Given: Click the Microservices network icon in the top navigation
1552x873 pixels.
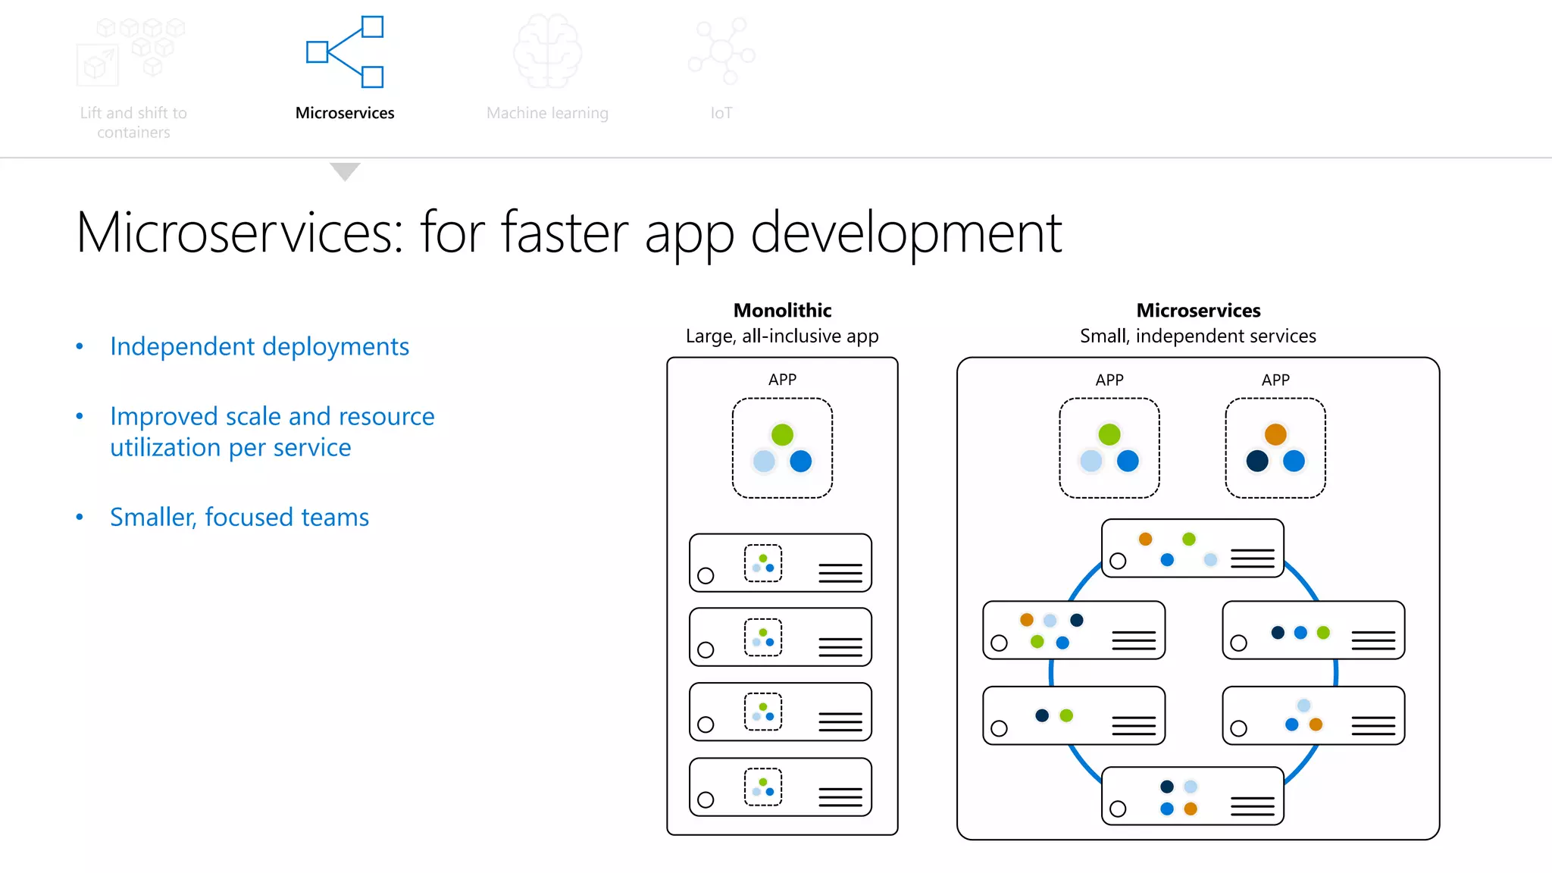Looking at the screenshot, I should tap(345, 52).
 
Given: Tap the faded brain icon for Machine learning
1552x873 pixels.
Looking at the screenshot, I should tap(547, 52).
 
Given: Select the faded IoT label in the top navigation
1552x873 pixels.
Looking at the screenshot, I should tap(721, 113).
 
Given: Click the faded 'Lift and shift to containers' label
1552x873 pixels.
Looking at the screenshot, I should tap(133, 123).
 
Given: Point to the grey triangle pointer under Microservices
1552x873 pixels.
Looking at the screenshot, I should tap(345, 171).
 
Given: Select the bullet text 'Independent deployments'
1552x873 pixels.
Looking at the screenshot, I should tap(259, 346).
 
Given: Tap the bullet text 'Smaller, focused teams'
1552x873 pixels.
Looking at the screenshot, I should tap(239, 517).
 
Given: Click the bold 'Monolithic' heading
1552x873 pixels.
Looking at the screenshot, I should tap(782, 310).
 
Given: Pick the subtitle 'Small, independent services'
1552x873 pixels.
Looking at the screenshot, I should tap(1197, 336).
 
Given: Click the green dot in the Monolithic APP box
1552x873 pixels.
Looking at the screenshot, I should tap(782, 434).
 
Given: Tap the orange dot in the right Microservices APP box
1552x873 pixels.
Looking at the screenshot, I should tap(1275, 434).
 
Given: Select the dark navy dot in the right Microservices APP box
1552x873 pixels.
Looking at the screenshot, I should tap(1257, 461).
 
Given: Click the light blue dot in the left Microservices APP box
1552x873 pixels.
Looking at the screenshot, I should tap(1091, 461).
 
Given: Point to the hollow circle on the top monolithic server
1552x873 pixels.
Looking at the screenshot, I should tap(706, 575).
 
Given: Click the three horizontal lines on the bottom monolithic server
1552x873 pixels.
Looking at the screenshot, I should tap(840, 797).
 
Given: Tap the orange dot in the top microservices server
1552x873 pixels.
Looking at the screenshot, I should tap(1145, 539).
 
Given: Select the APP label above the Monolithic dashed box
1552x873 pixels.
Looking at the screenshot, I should tap(782, 380).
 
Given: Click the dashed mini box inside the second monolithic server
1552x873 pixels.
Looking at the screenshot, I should tap(763, 637).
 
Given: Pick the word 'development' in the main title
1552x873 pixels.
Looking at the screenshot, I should tap(906, 233).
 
